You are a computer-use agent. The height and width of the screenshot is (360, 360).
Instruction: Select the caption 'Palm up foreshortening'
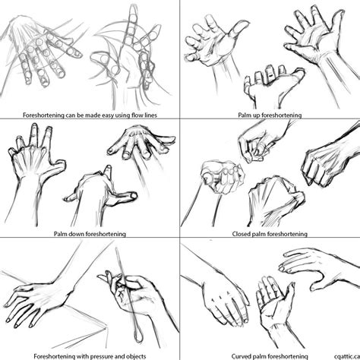[269, 115]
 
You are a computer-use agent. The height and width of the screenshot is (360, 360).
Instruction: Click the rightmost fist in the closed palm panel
[323, 163]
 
